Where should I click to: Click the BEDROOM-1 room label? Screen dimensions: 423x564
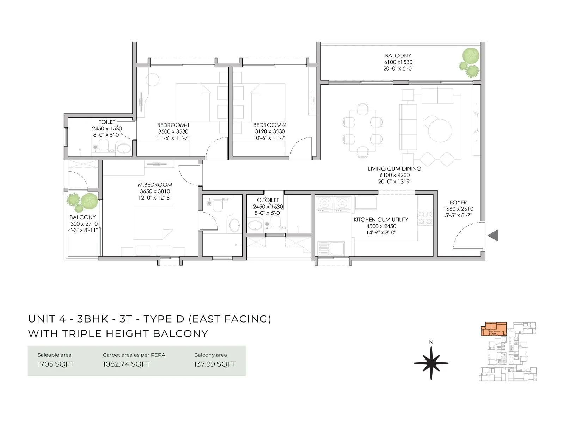click(173, 125)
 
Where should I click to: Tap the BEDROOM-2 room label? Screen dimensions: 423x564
click(270, 125)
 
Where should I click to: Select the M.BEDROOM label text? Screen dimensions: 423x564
click(155, 185)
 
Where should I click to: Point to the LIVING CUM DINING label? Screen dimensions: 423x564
click(394, 169)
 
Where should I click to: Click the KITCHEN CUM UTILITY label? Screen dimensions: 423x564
click(381, 220)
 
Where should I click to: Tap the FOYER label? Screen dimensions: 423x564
click(458, 203)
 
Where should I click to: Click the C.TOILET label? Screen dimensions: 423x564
click(268, 200)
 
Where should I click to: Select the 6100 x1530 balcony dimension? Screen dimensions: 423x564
click(398, 62)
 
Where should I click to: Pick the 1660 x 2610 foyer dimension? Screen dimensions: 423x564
click(458, 209)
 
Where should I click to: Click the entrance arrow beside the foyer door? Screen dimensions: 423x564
click(493, 235)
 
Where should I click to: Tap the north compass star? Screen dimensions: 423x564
click(431, 363)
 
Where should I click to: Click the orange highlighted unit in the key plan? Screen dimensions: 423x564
click(493, 329)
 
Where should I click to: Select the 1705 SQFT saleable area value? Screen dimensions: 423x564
click(56, 364)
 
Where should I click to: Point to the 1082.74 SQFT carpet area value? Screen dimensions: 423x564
click(126, 364)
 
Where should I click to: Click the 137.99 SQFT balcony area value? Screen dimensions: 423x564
click(215, 364)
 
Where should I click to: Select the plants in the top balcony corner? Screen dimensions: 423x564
click(470, 62)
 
